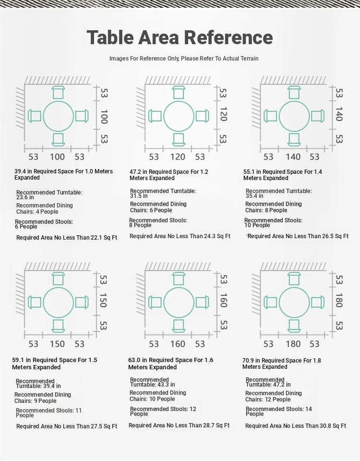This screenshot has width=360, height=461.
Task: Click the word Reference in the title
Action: (228, 37)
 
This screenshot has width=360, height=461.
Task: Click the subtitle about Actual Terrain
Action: (184, 59)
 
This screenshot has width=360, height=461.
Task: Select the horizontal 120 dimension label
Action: (178, 157)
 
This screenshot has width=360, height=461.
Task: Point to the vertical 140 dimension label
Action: (339, 114)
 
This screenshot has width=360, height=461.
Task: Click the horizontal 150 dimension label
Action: (57, 344)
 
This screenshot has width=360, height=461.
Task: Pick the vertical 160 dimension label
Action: (223, 300)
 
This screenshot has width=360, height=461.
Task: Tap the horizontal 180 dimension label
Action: (293, 344)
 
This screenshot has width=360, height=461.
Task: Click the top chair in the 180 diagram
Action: (294, 279)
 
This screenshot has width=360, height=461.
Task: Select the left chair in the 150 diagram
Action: (35, 302)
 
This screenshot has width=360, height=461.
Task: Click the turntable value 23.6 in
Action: (25, 197)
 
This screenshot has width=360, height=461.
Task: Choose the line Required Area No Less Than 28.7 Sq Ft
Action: (179, 425)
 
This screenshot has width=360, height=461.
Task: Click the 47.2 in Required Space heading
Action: (168, 175)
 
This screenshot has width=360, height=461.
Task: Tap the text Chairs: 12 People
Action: (268, 400)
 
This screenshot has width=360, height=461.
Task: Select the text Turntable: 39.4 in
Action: (38, 386)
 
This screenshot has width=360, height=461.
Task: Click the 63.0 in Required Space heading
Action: (170, 364)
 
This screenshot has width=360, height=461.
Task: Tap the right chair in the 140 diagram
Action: (318, 116)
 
